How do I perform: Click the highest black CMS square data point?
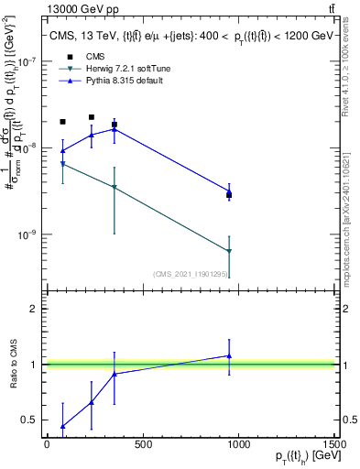click(92, 117)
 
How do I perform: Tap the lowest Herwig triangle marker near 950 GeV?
click(229, 251)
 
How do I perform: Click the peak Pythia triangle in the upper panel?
click(114, 129)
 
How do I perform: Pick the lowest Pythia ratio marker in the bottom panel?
click(62, 426)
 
